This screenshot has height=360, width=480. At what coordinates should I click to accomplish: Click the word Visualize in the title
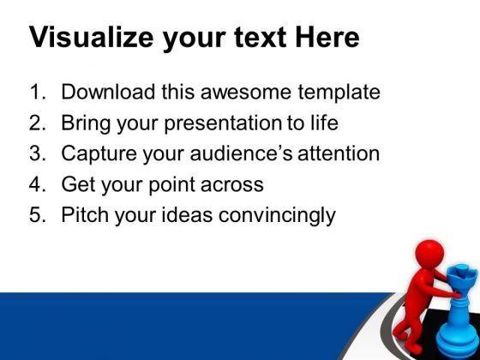pyautogui.click(x=91, y=38)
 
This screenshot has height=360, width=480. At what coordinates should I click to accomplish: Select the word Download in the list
pyautogui.click(x=108, y=92)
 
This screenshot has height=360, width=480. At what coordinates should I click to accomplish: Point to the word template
pyautogui.click(x=339, y=93)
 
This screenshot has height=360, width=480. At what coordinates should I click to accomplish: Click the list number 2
pyautogui.click(x=37, y=123)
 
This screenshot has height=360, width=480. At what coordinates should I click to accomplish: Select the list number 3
pyautogui.click(x=37, y=153)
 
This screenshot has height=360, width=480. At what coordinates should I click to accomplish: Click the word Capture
pyautogui.click(x=99, y=153)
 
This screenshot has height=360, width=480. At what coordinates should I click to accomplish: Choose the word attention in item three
pyautogui.click(x=339, y=153)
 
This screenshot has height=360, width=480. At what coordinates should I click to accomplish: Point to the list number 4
pyautogui.click(x=37, y=183)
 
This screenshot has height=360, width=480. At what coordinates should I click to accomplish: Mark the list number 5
pyautogui.click(x=37, y=214)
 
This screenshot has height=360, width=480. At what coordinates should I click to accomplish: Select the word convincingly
pyautogui.click(x=277, y=215)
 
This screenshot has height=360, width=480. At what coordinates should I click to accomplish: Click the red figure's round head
pyautogui.click(x=429, y=254)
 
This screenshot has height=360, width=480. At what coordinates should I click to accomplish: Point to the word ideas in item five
pyautogui.click(x=187, y=214)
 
